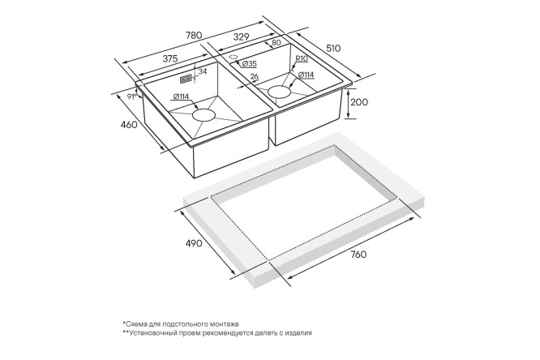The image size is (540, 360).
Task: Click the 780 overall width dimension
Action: (194, 35)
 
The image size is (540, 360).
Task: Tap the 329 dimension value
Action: (241, 36)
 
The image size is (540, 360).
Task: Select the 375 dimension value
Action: (170, 59)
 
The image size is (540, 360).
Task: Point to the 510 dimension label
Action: (332, 48)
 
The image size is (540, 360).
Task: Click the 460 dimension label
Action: (128, 124)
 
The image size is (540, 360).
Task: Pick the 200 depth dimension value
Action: (359, 102)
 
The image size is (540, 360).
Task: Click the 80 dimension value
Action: (276, 43)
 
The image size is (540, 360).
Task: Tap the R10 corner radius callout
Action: (302, 59)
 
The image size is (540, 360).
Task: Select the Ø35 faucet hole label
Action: (249, 64)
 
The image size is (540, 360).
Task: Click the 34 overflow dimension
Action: (203, 71)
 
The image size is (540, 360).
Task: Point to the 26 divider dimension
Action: (255, 76)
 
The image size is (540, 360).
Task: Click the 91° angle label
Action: (131, 96)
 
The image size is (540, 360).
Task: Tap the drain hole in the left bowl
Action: (204, 115)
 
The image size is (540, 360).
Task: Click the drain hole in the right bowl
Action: (280, 92)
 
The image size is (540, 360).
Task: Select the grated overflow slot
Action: (186, 79)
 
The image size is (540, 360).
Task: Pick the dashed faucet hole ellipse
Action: (234, 57)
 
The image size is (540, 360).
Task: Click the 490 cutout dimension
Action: (194, 243)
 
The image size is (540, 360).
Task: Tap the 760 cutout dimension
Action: (358, 255)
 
